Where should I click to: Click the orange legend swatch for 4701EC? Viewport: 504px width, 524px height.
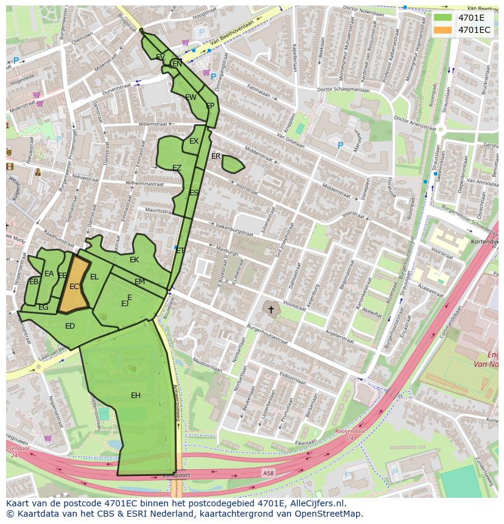tap(443, 30)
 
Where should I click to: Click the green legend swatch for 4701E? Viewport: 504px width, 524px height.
tap(443, 18)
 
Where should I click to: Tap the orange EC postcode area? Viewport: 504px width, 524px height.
tap(74, 286)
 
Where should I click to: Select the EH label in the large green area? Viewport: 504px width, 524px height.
tap(136, 396)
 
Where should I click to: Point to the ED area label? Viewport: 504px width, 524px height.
tap(70, 326)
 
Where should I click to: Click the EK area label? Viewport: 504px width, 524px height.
tap(135, 260)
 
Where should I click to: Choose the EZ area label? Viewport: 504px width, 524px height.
tap(177, 168)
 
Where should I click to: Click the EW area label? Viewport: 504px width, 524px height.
tap(191, 97)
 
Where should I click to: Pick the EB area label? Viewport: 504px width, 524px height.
tap(34, 282)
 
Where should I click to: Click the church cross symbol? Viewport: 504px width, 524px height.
tap(271, 310)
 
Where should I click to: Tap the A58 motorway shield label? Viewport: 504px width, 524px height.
tap(268, 472)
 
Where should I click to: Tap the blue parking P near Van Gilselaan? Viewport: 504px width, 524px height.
tap(340, 146)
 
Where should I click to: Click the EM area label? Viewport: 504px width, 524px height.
tap(139, 282)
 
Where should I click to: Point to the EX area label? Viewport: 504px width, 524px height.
tap(194, 141)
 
